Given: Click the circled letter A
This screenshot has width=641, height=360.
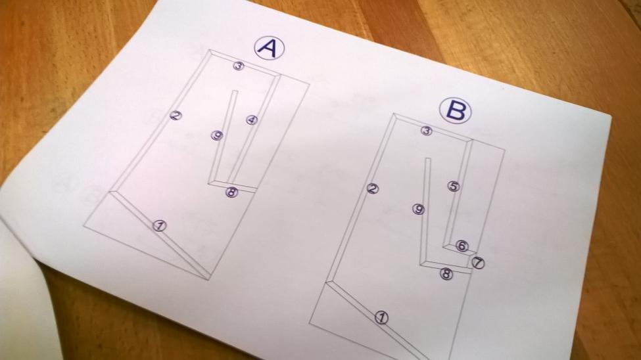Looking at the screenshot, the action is click(x=270, y=48).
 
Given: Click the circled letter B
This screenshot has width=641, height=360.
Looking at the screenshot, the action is click(x=456, y=111).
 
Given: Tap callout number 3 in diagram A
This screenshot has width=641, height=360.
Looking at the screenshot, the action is click(x=239, y=66).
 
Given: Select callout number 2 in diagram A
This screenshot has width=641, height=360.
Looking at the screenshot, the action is click(x=176, y=116).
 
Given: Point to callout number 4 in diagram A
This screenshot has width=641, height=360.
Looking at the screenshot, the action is click(x=252, y=120).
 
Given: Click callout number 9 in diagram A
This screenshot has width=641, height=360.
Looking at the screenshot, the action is click(x=217, y=135).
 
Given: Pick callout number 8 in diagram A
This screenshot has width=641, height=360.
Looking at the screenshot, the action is click(x=232, y=192).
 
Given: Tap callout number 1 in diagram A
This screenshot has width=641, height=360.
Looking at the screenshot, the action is click(x=160, y=225).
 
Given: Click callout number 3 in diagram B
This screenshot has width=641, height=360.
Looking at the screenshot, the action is click(x=427, y=131).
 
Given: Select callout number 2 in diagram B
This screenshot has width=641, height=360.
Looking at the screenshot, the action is click(x=372, y=189).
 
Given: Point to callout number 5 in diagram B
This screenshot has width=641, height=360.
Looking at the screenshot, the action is click(x=454, y=187).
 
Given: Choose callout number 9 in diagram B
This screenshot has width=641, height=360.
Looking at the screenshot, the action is click(x=418, y=209).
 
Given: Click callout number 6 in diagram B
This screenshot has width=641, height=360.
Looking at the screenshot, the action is click(x=462, y=246).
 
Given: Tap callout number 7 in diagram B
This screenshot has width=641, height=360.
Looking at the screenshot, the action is click(x=479, y=263).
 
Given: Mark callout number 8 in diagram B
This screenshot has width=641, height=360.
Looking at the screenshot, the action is click(x=446, y=274).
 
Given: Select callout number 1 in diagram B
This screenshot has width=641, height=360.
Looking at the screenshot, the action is click(x=381, y=317).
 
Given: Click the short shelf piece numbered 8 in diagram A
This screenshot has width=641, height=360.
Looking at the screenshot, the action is click(x=232, y=185).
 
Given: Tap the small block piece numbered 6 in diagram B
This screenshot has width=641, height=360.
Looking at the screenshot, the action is click(x=460, y=248).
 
